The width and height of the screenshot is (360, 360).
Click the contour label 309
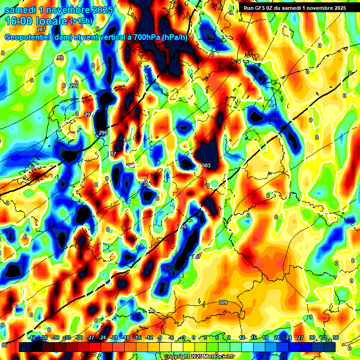tap(223, 302)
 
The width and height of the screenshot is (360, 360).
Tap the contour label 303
tap(206, 165)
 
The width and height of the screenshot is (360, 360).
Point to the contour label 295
tap(103, 133)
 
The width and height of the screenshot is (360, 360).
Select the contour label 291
tap(74, 86)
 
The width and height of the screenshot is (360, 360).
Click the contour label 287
tap(41, 30)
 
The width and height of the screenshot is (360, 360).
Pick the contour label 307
tap(197, 256)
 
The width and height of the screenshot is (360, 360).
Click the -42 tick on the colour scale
tap(32, 337)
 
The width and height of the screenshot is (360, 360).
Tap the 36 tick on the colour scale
tap(336, 337)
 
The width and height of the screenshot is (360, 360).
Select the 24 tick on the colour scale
tap(289, 337)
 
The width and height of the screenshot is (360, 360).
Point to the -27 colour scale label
tap(91, 337)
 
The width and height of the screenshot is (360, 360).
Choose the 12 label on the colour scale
tap(242, 337)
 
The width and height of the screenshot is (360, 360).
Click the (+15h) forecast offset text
tap(81, 21)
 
